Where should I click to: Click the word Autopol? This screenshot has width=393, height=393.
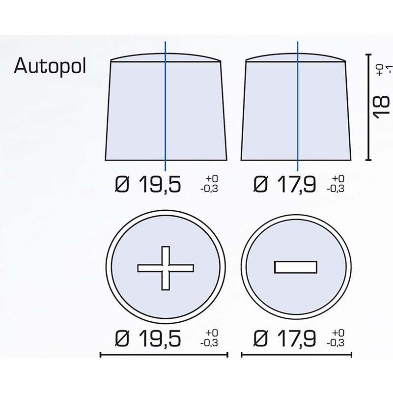[x=50, y=66]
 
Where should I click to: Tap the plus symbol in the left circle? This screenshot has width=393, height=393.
[x=166, y=268]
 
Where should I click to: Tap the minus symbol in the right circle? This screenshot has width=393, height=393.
[x=296, y=267]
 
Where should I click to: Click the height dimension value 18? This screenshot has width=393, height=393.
[x=381, y=106]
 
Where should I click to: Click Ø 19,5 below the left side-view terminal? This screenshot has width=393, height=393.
[x=148, y=184]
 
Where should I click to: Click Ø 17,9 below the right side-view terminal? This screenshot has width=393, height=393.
[x=284, y=184]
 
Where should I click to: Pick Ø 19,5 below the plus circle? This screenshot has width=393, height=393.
[x=148, y=338]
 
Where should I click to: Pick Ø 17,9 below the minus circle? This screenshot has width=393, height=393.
[x=284, y=338]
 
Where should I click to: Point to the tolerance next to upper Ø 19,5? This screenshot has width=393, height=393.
[x=209, y=184]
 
